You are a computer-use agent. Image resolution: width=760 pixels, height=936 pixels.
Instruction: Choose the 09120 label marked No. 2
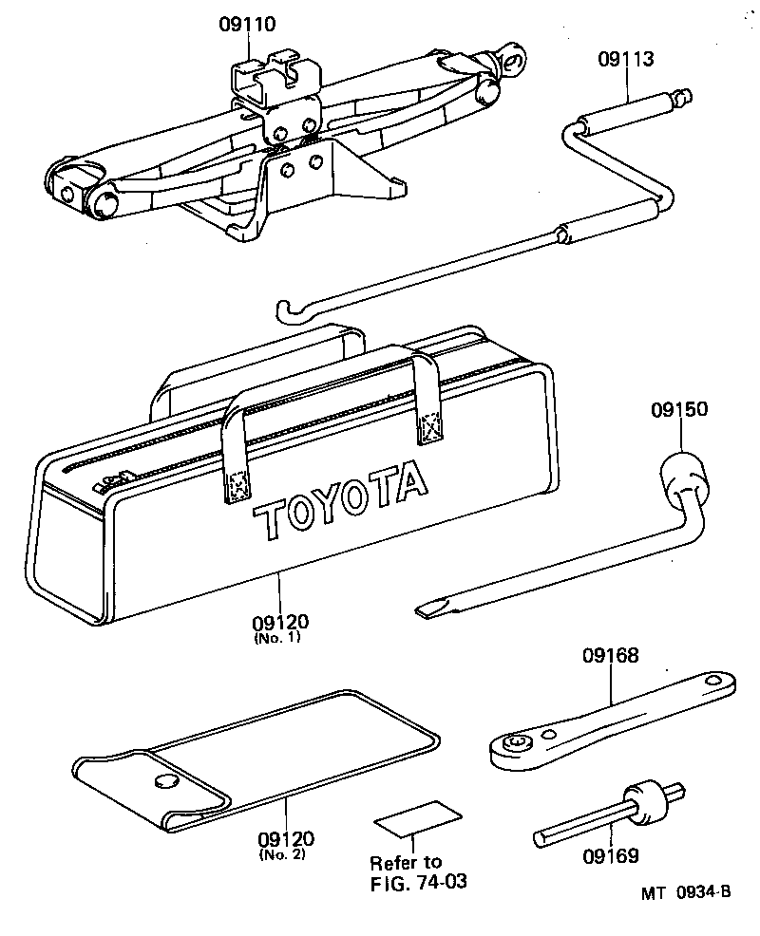point(286,840)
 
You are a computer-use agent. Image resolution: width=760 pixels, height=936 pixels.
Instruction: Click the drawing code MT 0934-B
point(683,892)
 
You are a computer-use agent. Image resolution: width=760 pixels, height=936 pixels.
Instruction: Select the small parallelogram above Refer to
point(417,814)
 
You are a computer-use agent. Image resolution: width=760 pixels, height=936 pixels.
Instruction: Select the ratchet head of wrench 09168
point(517,744)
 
